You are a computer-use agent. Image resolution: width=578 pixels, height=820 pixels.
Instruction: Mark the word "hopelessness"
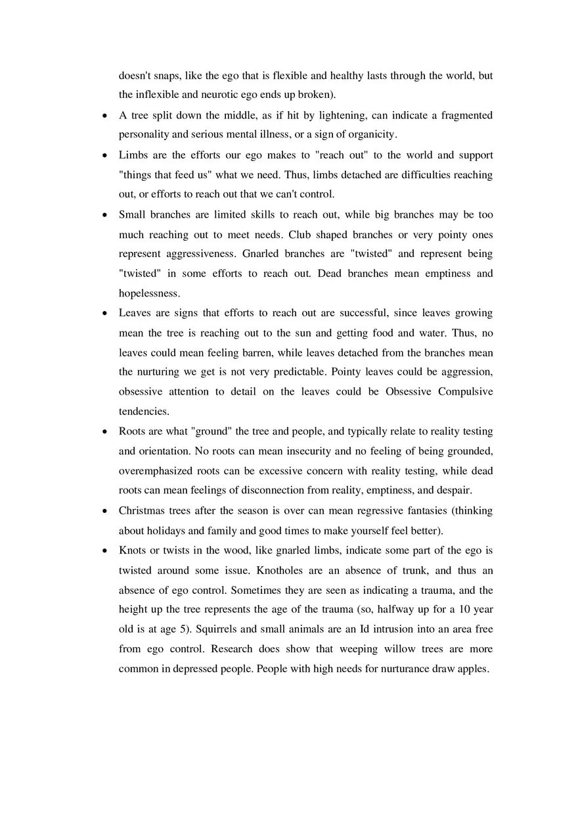point(149,293)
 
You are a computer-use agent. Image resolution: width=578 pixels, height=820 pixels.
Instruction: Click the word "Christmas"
point(141,511)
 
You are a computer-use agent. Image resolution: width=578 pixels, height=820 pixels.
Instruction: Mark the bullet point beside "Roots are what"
point(105,432)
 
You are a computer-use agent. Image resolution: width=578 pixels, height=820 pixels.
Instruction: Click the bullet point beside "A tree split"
point(105,116)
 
